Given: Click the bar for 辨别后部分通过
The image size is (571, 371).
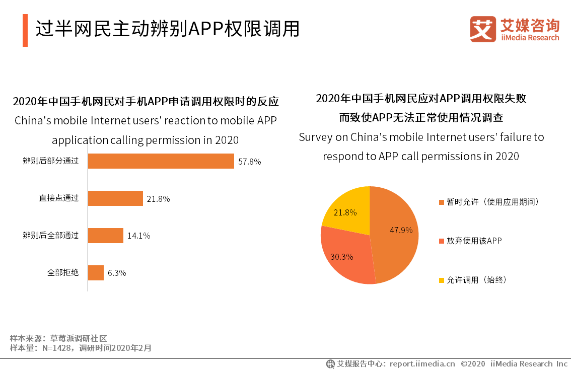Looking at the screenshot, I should [161, 161].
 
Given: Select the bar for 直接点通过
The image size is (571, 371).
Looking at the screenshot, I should [115, 198].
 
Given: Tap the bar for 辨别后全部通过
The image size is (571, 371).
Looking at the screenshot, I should [106, 235].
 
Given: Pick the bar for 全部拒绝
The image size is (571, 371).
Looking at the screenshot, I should [96, 273].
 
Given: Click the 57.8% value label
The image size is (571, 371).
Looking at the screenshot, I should [250, 162].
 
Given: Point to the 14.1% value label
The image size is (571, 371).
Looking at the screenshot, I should [138, 236].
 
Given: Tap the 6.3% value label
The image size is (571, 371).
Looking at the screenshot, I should [116, 273].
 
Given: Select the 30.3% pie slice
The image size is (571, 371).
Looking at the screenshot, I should [345, 254].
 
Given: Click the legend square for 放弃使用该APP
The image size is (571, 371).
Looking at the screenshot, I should [442, 241].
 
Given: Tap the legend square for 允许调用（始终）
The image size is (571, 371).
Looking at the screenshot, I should [442, 280].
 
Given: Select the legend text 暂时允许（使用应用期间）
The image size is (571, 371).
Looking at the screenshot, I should [493, 202].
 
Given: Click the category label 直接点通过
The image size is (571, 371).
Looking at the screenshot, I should [59, 198].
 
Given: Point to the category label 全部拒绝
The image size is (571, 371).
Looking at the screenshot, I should [63, 273].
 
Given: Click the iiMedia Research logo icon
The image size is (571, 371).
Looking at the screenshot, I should [483, 29].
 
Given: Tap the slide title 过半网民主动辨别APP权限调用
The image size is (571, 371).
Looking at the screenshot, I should [167, 29].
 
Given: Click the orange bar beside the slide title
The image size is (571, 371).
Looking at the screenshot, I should [25, 30].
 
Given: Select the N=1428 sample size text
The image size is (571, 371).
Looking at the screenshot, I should [54, 348].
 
